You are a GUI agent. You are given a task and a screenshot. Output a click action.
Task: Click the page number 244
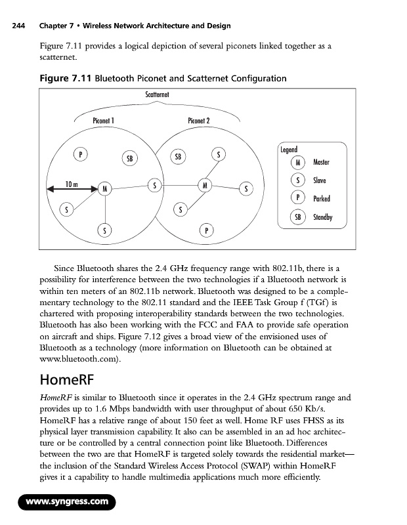coord(14,26)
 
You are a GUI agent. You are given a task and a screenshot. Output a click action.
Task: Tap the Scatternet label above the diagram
coord(158,95)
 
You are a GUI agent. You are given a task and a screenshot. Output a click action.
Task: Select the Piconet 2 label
coord(199,121)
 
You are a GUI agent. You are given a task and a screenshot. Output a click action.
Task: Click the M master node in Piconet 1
coord(104,189)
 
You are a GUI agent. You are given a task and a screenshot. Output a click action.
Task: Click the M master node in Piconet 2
coord(206,185)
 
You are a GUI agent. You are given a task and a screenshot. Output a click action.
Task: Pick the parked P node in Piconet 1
coord(80,155)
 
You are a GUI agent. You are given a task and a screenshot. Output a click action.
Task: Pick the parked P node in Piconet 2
coord(207,231)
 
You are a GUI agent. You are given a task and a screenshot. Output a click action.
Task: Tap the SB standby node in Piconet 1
coord(129,158)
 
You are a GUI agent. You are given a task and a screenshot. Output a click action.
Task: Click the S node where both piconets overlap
coord(155,185)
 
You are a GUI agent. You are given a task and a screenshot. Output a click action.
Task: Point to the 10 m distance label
coord(72,184)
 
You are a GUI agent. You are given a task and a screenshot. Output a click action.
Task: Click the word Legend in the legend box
coord(288,150)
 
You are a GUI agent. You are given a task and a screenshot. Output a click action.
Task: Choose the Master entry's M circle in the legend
coord(299,162)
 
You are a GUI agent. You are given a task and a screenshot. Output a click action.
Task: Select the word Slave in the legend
coord(320,180)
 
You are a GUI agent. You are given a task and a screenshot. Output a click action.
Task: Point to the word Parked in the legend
coord(322,199)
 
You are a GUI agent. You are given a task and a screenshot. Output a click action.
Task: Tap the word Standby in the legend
coord(323,217)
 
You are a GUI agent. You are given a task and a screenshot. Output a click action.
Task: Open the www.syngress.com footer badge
coord(66,503)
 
